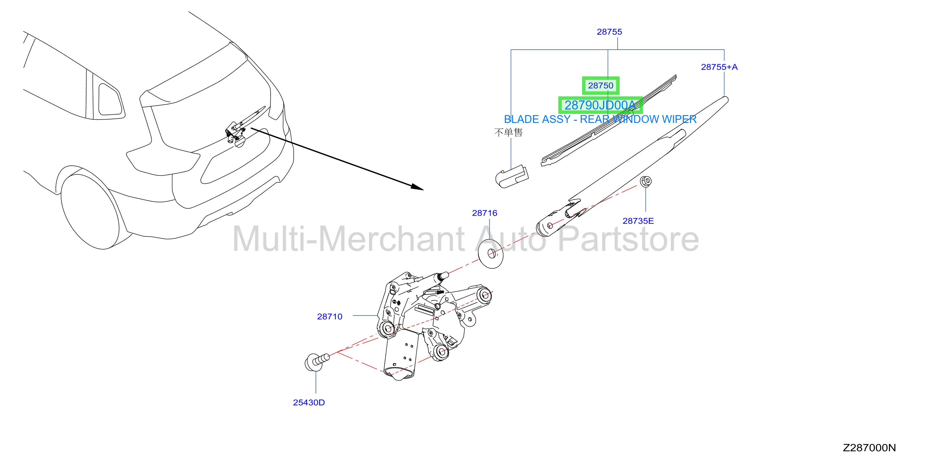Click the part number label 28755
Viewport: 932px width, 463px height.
pyautogui.click(x=609, y=32)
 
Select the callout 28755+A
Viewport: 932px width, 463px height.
pyautogui.click(x=719, y=67)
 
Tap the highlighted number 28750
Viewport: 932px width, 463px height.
pyautogui.click(x=601, y=86)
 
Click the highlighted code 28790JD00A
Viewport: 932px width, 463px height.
pyautogui.click(x=600, y=105)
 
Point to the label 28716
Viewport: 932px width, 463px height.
pyautogui.click(x=484, y=213)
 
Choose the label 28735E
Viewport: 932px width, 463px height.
pyautogui.click(x=638, y=221)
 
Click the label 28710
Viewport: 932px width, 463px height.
pyautogui.click(x=330, y=316)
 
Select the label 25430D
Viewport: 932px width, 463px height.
pyautogui.click(x=309, y=402)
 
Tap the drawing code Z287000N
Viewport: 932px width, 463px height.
pyautogui.click(x=869, y=448)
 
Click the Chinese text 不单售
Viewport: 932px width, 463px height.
pyautogui.click(x=508, y=132)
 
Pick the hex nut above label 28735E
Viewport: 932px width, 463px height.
pyautogui.click(x=646, y=181)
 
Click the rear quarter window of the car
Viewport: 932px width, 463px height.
pyautogui.click(x=111, y=100)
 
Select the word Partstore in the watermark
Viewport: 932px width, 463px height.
pyautogui.click(x=628, y=239)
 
